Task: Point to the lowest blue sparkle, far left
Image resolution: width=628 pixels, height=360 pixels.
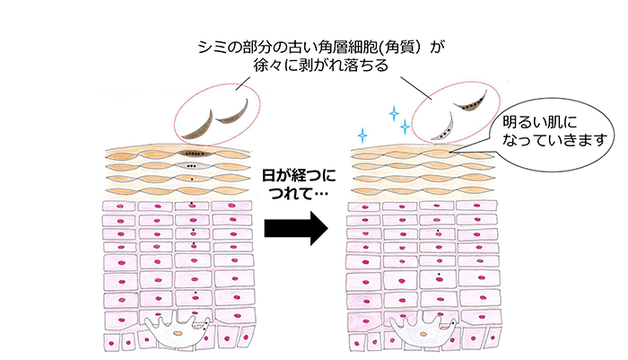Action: coord(362,135)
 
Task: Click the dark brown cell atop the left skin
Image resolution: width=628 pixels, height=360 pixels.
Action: coord(190,153)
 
